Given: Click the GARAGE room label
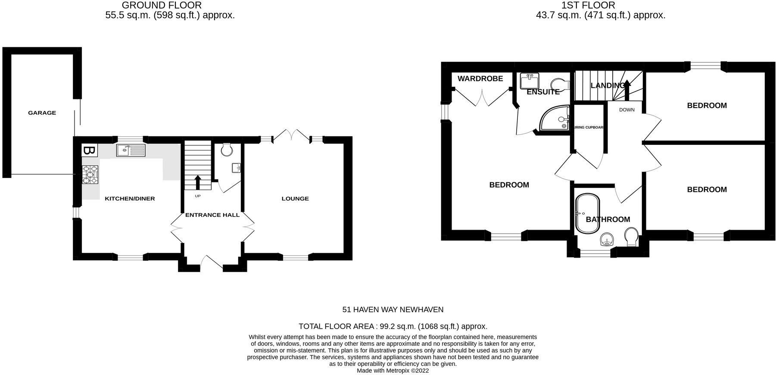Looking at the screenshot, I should coord(42,113).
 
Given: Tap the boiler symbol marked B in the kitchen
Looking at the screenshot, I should coord(89,151).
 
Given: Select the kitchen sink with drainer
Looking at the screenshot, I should coord(131,150).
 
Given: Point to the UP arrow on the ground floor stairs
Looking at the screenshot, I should coord(198,182).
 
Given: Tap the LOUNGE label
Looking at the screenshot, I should coord(295,199).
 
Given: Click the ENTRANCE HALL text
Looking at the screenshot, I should coord(212,215).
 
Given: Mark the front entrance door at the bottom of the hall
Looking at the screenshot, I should coord(212,263).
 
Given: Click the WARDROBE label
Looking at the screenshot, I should coord(480,79).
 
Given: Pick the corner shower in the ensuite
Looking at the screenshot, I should coord(555,118).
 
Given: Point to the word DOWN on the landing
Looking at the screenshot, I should coord(626,110).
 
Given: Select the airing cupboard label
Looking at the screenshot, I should coord(589,127).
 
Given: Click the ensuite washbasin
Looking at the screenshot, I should coord(529,81).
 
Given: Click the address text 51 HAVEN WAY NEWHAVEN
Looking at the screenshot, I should coord(393,310).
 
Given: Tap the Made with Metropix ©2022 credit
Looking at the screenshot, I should coord(393,370).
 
